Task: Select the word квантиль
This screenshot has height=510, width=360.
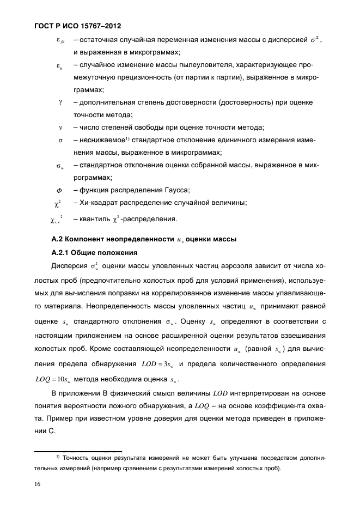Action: (94, 220)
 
